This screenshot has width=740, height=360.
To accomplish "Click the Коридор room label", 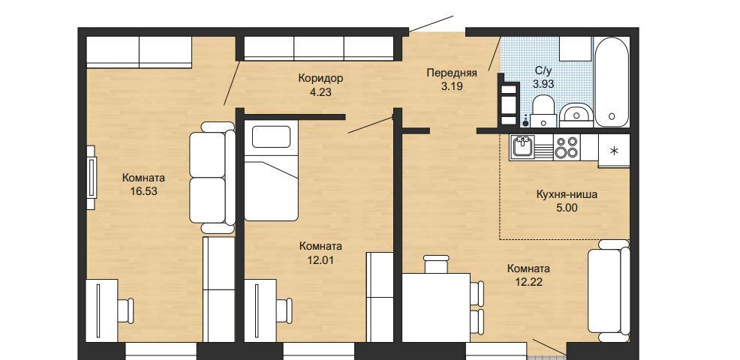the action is (320, 78).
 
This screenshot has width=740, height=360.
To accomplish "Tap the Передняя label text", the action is (452, 73).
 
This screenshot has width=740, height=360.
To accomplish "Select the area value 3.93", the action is (543, 84).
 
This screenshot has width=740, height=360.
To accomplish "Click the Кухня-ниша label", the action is (567, 194).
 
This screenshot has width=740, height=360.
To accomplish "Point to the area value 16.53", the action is (143, 191).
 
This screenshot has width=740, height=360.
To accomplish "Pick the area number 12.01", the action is (320, 259).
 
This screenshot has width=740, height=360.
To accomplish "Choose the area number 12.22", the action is (528, 282).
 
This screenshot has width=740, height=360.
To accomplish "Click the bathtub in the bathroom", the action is (612, 82).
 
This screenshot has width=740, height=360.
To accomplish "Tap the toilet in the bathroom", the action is (543, 111).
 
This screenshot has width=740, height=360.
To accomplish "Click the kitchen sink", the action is (523, 147).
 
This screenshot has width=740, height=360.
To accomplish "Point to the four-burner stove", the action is (567, 147).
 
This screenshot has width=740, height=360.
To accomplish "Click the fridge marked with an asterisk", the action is (614, 151).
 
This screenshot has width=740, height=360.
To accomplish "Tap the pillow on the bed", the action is (271, 136).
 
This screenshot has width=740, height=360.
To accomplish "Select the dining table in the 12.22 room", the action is (435, 307).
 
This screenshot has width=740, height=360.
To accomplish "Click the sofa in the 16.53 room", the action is (212, 178).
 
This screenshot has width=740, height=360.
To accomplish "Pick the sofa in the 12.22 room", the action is (609, 291).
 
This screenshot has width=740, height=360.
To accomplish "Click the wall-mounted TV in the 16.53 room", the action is (91, 178).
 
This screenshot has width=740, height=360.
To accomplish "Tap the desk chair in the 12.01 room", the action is (284, 310).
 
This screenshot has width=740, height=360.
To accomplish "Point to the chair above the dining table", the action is (436, 264).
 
